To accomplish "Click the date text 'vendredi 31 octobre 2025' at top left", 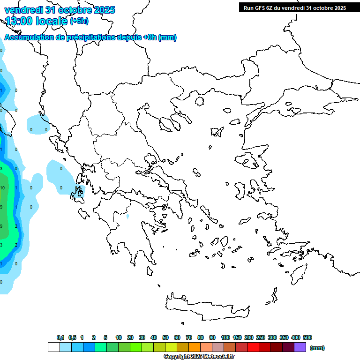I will (60, 10).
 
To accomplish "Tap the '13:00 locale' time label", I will (36, 21).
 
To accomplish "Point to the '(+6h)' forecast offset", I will (79, 21).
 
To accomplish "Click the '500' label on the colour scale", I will (307, 337).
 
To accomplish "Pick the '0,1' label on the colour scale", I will (60, 337).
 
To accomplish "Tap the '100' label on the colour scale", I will (225, 337).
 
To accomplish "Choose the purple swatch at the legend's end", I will (300, 347).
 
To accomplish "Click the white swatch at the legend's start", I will (54, 347).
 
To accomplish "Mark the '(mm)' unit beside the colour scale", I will (317, 348).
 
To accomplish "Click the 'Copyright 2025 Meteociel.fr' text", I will (199, 357).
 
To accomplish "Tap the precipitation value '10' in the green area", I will (2, 187).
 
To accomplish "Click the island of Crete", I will (206, 307).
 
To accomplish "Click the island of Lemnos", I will (217, 132).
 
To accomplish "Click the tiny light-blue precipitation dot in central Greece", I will (127, 217).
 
